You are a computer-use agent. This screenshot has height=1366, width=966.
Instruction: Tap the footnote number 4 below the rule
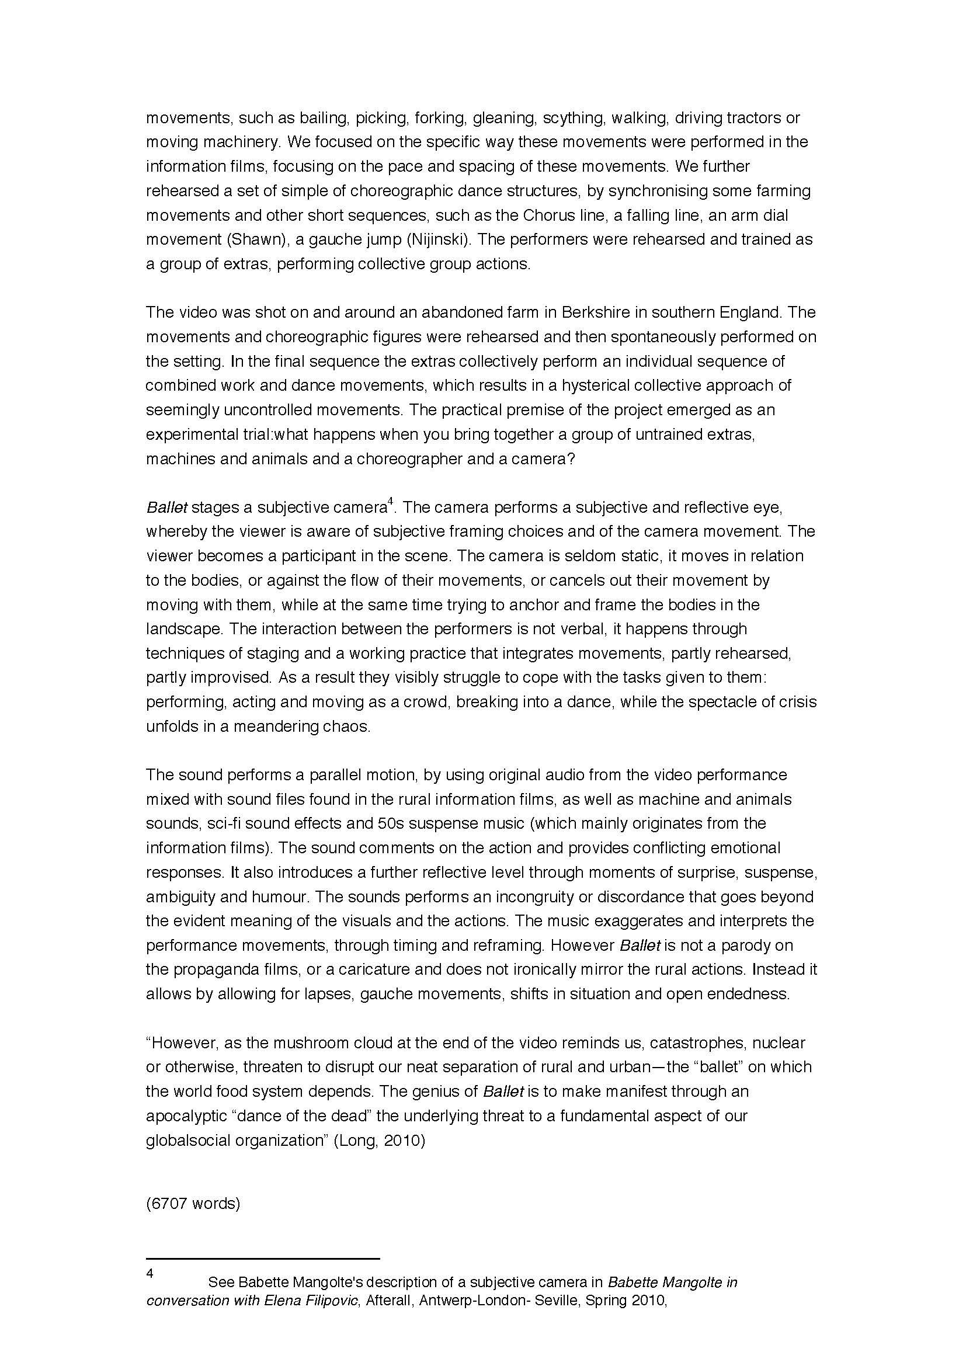[x=150, y=1273]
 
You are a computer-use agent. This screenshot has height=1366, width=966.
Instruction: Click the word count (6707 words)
[x=193, y=1204]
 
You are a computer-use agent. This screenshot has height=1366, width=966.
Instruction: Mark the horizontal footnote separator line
[x=263, y=1259]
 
